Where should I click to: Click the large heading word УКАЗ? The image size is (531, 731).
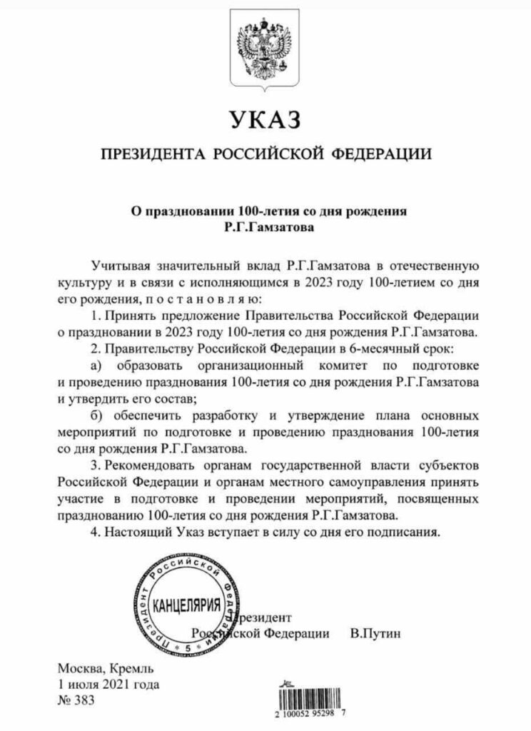265,119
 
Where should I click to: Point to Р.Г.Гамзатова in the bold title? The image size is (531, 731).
265,228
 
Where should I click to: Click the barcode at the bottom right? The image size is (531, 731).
315,700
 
